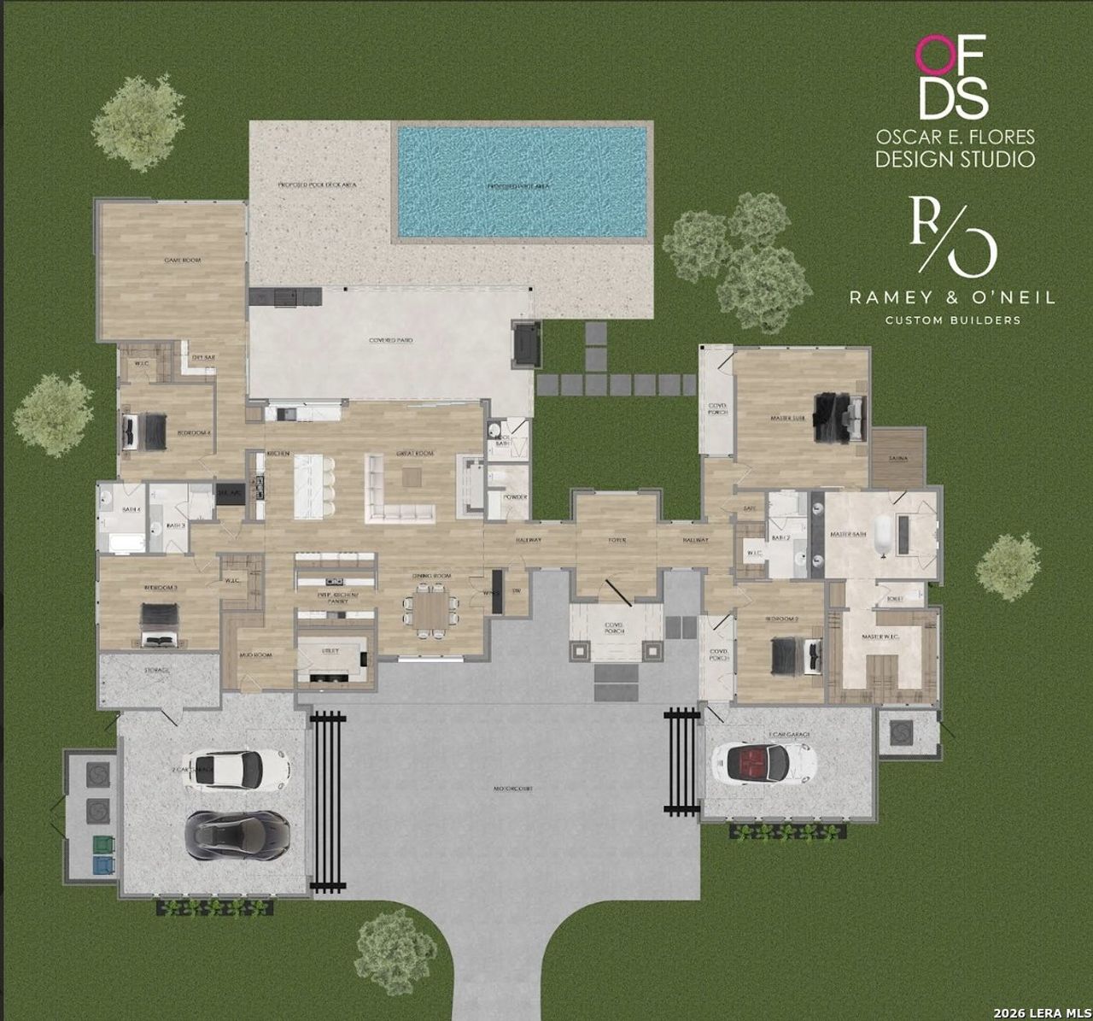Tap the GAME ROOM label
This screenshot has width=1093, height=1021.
pyautogui.click(x=182, y=260)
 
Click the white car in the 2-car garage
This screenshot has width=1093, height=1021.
pyautogui.click(x=237, y=766)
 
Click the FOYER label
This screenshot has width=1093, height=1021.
pyautogui.click(x=617, y=540)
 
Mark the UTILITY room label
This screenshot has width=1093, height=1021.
pyautogui.click(x=330, y=650)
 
